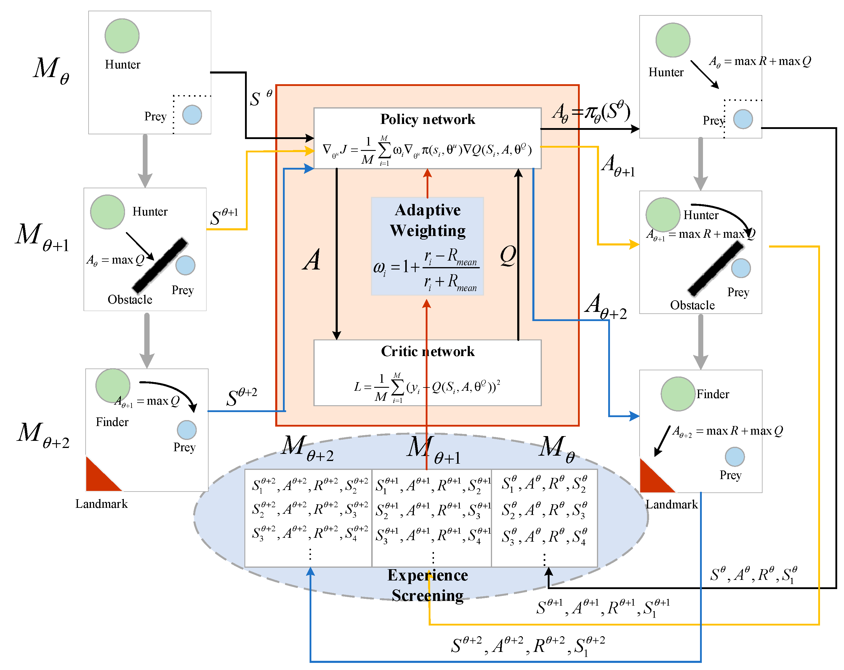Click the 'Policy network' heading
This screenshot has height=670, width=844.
click(x=427, y=119)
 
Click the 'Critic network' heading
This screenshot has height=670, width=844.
click(x=427, y=351)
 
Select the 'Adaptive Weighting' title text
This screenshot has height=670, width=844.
click(x=427, y=220)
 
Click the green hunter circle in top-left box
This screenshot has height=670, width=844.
click(x=122, y=36)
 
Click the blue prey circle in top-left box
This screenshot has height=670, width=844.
click(x=192, y=115)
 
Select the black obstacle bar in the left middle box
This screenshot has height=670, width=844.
click(x=160, y=266)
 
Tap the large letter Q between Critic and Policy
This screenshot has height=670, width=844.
click(x=508, y=256)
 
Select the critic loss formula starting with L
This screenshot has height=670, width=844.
click(x=427, y=387)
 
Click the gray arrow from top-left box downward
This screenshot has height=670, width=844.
click(x=145, y=161)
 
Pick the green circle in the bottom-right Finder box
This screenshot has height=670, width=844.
click(x=678, y=394)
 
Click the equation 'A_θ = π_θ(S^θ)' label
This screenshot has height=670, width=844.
click(x=591, y=112)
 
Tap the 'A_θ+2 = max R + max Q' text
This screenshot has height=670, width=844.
click(x=727, y=431)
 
